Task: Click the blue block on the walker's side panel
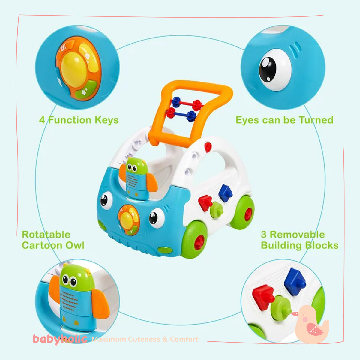(225, 193)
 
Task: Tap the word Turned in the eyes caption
(316, 120)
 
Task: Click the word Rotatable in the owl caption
(46, 235)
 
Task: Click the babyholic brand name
(60, 339)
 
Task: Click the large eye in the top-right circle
(274, 70)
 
